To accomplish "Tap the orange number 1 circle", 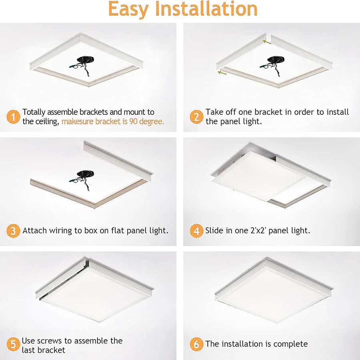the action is point(13,117).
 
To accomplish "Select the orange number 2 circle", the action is point(196,117).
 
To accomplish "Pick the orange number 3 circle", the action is point(13,231).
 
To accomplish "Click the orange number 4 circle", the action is point(196,231).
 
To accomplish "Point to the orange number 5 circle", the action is point(13,344).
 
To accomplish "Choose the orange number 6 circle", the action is point(196,344).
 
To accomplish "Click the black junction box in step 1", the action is point(85,60).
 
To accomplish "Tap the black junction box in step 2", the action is point(276,60).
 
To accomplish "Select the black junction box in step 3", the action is point(85,174).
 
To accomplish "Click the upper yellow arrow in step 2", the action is point(267,42).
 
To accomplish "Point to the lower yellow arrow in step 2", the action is point(222,73).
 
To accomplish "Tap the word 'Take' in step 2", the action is point(214,112).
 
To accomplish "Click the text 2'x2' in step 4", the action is point(258,230).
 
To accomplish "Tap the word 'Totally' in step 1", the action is point(34,112).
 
